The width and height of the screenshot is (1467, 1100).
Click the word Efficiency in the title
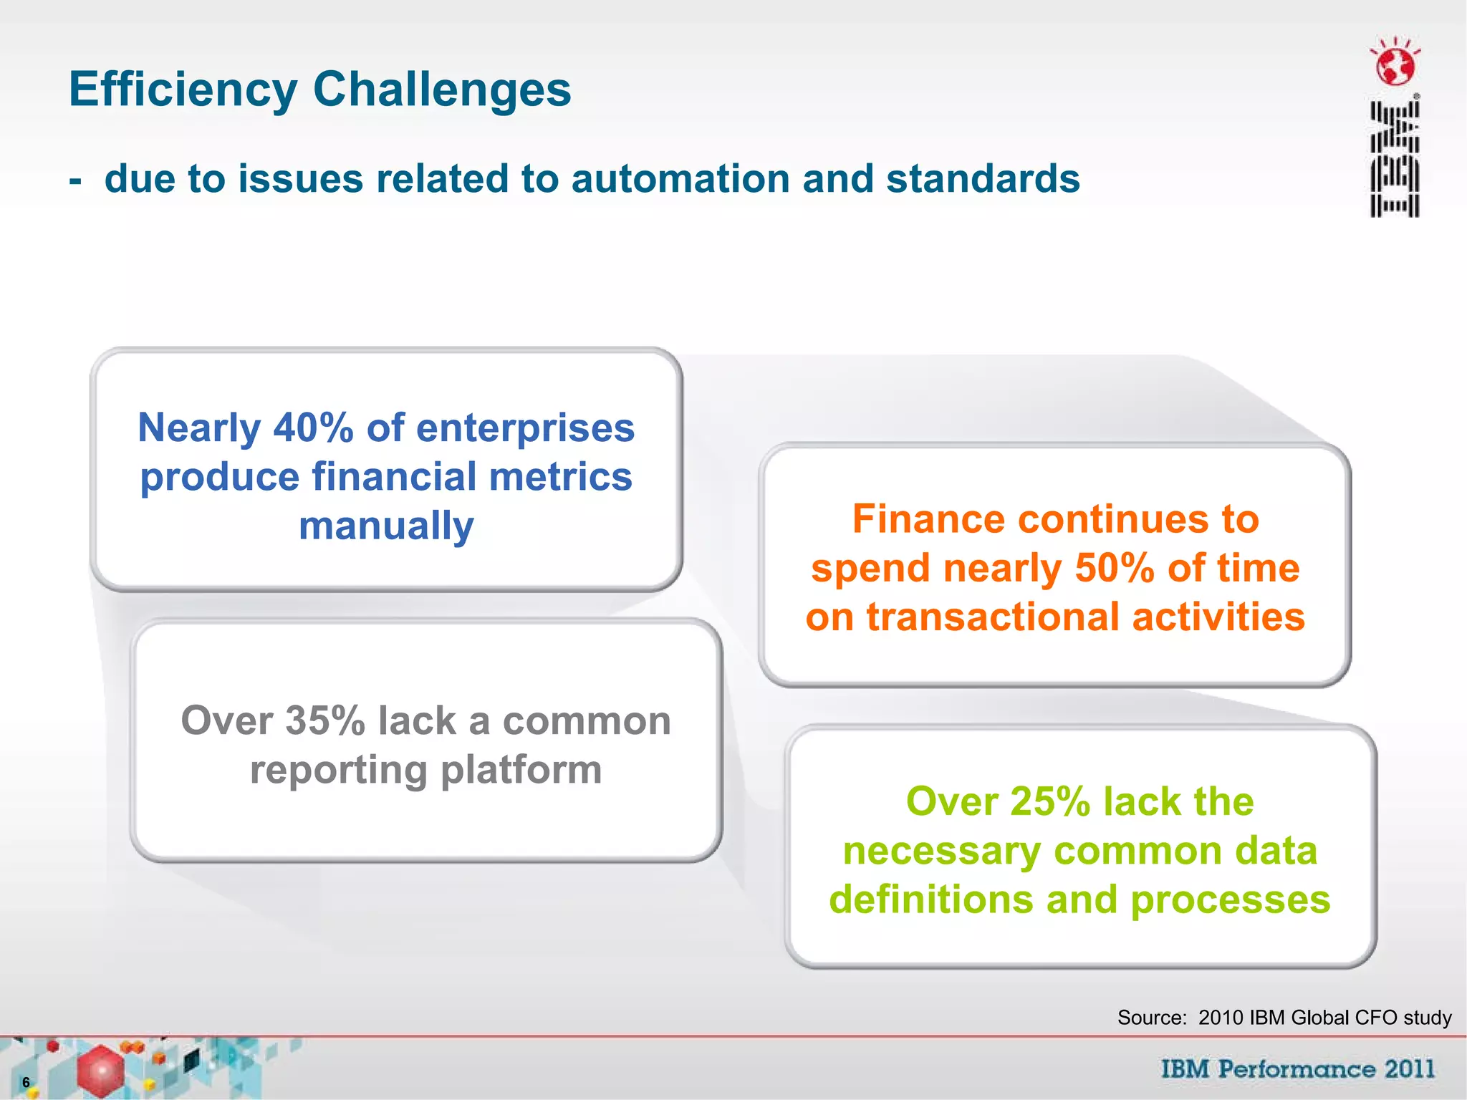183,90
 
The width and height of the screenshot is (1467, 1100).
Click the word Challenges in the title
442,90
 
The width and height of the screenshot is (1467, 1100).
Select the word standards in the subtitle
983,178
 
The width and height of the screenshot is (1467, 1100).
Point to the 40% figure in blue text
314,428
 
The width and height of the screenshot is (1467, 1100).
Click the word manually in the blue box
386,526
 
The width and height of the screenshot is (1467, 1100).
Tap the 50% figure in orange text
1115,569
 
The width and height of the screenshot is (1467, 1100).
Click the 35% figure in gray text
325,720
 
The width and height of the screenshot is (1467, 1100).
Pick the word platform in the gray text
521,770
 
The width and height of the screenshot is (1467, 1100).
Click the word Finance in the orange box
928,519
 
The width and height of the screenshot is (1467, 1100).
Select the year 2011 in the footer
1409,1069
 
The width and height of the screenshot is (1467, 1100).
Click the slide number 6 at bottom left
26,1082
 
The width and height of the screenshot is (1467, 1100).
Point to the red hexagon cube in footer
100,1071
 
